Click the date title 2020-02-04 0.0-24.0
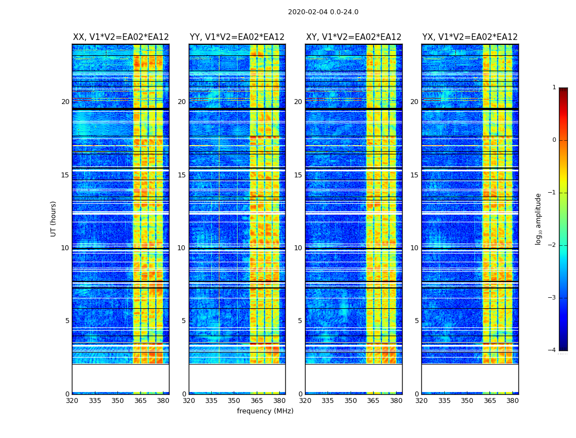[x=323, y=12]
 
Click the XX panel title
[x=121, y=37]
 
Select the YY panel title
[x=237, y=37]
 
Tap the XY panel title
[x=353, y=37]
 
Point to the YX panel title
[x=470, y=37]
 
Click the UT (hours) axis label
[x=54, y=218]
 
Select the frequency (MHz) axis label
[x=265, y=411]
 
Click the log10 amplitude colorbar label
[x=539, y=218]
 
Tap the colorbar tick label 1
[x=554, y=88]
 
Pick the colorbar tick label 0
[x=554, y=140]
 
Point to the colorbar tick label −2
[x=553, y=245]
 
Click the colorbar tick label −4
[x=553, y=350]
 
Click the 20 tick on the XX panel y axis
[x=65, y=102]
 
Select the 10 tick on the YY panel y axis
[x=182, y=248]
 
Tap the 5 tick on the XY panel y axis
[x=300, y=321]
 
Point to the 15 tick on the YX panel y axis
[x=414, y=175]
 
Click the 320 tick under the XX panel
[x=72, y=401]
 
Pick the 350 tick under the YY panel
[x=234, y=401]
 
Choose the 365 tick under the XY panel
[x=373, y=401]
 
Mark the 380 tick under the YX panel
[x=512, y=401]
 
